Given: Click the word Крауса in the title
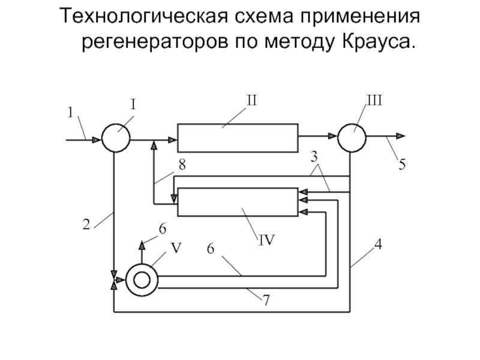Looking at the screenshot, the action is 379,41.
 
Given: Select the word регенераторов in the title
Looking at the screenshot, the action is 155,43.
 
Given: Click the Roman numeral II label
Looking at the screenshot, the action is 251,100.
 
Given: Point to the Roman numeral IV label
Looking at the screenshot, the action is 266,240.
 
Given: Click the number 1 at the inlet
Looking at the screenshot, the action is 70,112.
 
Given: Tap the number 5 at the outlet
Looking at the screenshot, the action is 401,164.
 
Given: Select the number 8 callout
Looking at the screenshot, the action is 182,164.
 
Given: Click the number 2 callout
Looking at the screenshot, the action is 86,224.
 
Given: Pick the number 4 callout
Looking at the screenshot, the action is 379,245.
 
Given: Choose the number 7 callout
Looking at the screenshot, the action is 266,300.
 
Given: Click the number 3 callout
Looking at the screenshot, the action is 314,157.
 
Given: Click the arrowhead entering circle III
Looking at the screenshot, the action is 333,136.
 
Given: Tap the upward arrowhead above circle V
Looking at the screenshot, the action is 142,245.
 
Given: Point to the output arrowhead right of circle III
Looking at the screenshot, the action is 401,136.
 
